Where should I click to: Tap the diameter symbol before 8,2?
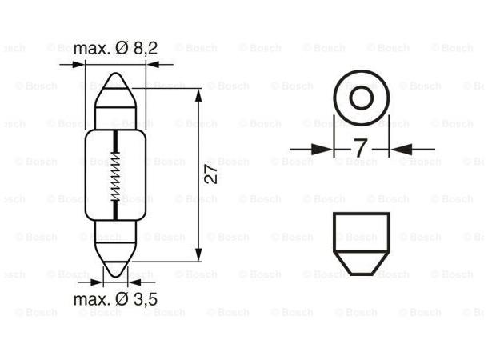click(120, 48)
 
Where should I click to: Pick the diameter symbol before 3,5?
click(120, 300)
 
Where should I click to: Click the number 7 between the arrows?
click(360, 149)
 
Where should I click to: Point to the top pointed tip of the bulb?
click(115, 76)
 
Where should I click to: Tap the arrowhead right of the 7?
click(398, 149)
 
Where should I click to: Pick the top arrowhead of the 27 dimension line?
click(198, 94)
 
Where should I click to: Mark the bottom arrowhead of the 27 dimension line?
click(198, 256)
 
